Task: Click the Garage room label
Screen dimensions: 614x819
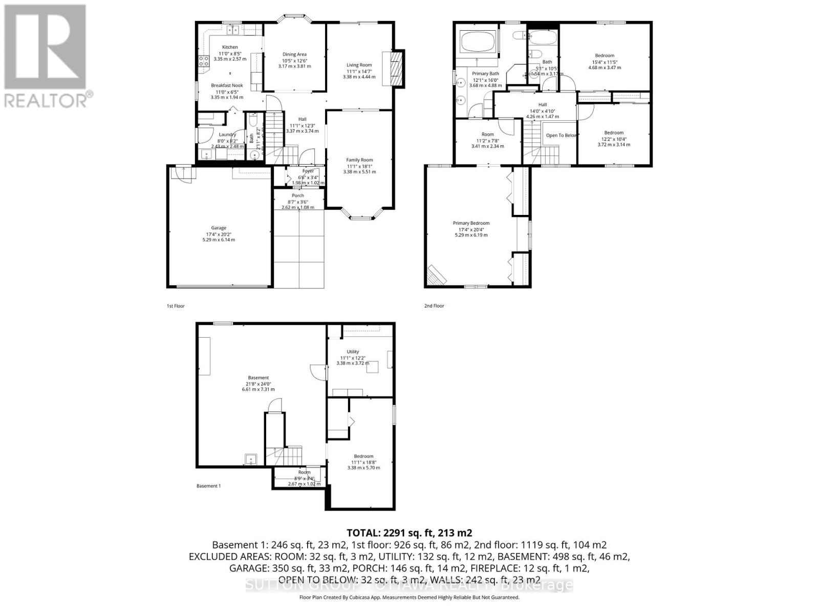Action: tap(219, 228)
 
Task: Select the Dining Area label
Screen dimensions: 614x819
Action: tap(294, 54)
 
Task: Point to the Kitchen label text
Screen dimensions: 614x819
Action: tap(230, 47)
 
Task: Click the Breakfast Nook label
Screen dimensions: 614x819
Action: tap(227, 85)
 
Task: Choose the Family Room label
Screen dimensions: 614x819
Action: tap(359, 160)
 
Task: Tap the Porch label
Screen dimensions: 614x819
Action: tap(298, 195)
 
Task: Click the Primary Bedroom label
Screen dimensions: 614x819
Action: tap(471, 223)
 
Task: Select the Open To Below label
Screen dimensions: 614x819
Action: tap(562, 136)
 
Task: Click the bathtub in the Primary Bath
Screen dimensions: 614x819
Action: tap(479, 41)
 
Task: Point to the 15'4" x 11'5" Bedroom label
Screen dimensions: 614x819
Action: tap(605, 56)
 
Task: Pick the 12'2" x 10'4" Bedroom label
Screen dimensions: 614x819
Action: tap(614, 133)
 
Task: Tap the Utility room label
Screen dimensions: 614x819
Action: tap(353, 352)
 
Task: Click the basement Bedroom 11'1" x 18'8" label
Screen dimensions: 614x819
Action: tap(363, 456)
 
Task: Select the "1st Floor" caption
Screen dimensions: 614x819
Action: tap(176, 306)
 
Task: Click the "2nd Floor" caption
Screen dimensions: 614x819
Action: tap(434, 306)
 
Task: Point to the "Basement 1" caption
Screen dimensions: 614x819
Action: tap(208, 486)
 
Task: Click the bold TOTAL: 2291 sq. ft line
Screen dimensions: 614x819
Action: tap(409, 533)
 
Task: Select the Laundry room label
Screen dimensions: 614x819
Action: tap(227, 135)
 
